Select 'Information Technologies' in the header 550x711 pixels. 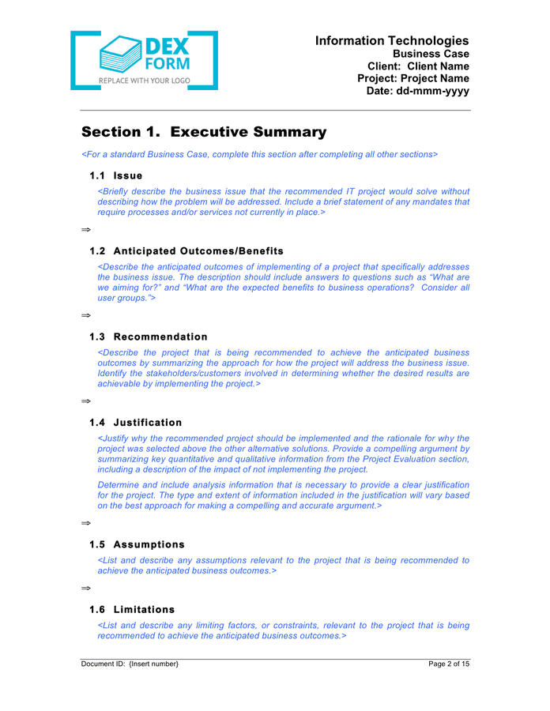coord(392,40)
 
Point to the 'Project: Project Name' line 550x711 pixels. coord(413,79)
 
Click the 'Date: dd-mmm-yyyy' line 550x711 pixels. coord(418,92)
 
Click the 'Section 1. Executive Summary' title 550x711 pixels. coord(204,132)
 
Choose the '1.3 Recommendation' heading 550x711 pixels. coord(149,337)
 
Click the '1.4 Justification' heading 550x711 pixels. coord(136,423)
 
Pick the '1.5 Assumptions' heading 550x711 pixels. coord(137,544)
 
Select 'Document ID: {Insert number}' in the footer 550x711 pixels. coord(130,664)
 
